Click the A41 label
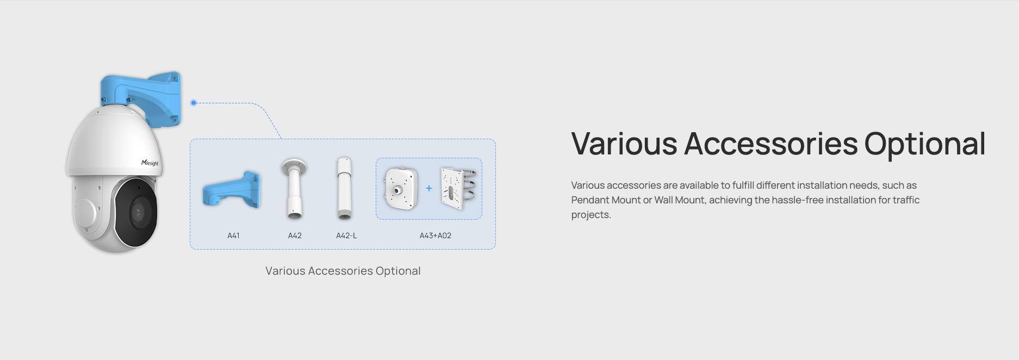tap(233, 235)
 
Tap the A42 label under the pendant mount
tap(295, 235)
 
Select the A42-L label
tap(346, 235)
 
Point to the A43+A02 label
tap(435, 235)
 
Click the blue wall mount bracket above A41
tap(232, 190)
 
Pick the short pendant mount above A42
tap(294, 189)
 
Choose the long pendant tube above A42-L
tap(344, 188)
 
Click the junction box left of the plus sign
tap(401, 189)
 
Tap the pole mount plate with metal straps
tap(458, 188)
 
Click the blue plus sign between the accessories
tap(429, 188)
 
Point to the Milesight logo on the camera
tap(150, 163)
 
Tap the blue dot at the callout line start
tap(194, 103)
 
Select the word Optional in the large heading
tap(924, 145)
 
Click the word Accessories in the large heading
tap(771, 144)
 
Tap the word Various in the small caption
tap(285, 271)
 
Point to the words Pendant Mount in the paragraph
tap(606, 200)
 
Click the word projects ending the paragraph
tap(591, 215)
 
